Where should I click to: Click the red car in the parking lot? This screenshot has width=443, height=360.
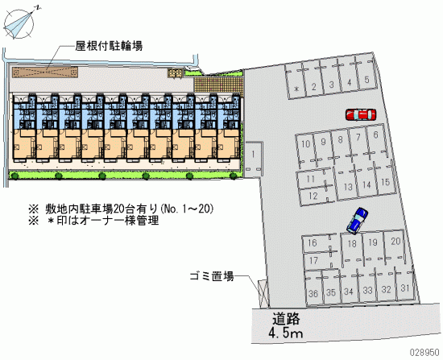coord(361,114)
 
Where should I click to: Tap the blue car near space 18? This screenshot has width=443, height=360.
coord(358,221)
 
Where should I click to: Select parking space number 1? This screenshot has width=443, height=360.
coord(254,159)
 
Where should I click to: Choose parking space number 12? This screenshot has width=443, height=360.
coord(313,195)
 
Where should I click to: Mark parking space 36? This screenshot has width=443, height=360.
coord(313,288)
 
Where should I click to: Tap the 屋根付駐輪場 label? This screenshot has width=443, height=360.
coord(109,46)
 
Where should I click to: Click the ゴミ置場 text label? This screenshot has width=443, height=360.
coord(212,276)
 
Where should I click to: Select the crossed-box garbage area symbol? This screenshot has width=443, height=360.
coord(263,293)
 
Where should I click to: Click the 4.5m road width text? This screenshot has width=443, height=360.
coord(286,333)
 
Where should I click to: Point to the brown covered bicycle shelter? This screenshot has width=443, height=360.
coord(45,72)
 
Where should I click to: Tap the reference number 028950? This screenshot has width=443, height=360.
coord(424,353)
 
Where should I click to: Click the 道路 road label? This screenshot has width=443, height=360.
coord(286,319)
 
